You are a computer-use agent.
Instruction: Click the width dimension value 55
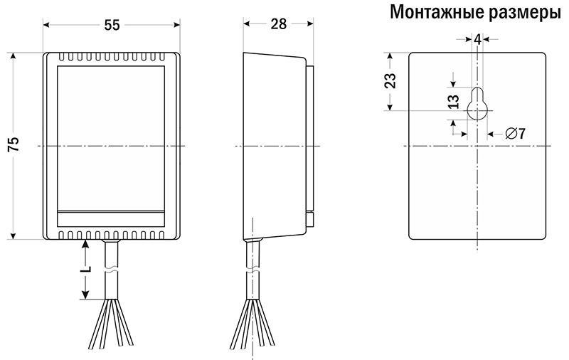(112, 25)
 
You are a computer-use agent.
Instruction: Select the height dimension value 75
(14, 144)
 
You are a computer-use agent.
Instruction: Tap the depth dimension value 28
(279, 24)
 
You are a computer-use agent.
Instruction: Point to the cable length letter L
(85, 269)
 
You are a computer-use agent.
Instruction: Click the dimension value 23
(390, 81)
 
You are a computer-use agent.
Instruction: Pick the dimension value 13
(453, 102)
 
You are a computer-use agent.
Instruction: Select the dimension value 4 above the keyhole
(477, 40)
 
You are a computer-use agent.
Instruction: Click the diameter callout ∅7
(516, 134)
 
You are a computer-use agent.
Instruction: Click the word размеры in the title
(524, 13)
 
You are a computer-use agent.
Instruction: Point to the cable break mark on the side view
(253, 271)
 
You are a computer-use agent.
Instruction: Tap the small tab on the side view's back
(310, 220)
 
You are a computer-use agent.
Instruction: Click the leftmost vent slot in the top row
(62, 57)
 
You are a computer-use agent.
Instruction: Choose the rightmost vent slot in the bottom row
(162, 235)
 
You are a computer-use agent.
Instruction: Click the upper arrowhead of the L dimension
(85, 244)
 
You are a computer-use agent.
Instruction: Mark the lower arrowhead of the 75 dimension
(14, 235)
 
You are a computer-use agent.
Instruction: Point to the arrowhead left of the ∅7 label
(491, 134)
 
